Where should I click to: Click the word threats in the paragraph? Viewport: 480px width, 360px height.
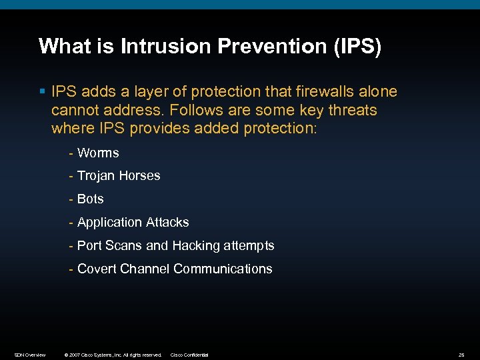(x=352, y=110)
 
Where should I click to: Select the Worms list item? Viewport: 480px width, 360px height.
(x=97, y=153)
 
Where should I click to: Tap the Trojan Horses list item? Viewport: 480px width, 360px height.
(x=118, y=176)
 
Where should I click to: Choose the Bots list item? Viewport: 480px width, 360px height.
(x=90, y=199)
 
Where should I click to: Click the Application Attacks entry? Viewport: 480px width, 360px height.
(x=133, y=223)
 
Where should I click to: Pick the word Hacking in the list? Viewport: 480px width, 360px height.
(x=195, y=246)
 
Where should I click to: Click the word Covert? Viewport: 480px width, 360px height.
(x=97, y=269)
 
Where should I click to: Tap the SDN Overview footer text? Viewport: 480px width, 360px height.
(x=30, y=355)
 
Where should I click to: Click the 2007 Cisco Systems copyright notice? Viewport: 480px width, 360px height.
(x=112, y=355)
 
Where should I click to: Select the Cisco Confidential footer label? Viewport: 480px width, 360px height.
(x=189, y=355)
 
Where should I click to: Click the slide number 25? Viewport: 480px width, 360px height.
(x=461, y=355)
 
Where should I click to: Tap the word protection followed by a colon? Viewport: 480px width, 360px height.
(x=282, y=128)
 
